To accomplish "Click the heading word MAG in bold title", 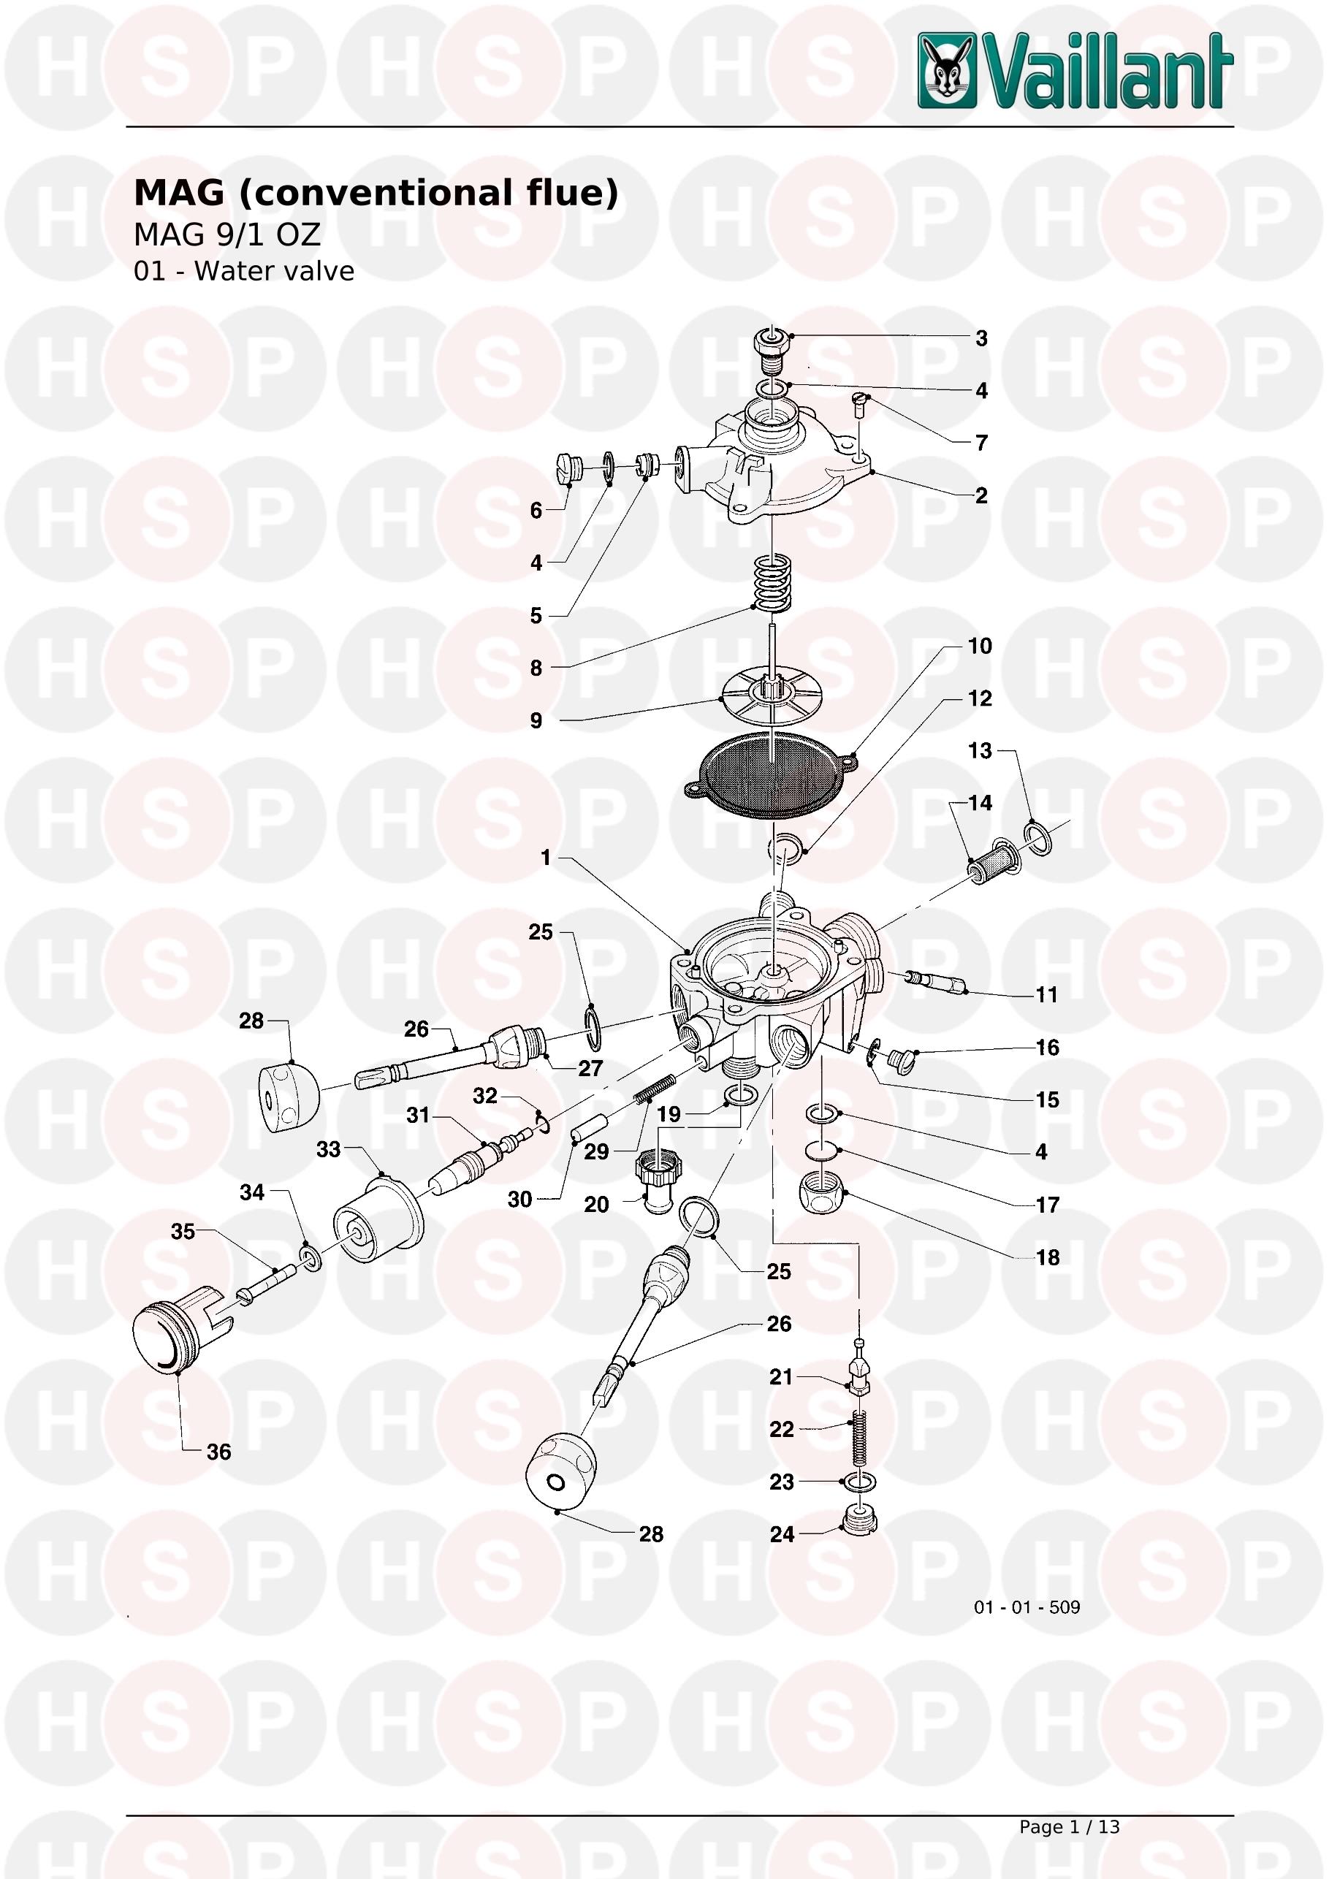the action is (179, 193).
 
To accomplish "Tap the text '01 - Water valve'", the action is (244, 271).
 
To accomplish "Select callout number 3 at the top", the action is (981, 338).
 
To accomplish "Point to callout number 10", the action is (980, 646).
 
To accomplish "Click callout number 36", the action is (218, 1452).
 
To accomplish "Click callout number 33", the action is (328, 1149).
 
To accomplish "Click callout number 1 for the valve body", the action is (546, 858).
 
